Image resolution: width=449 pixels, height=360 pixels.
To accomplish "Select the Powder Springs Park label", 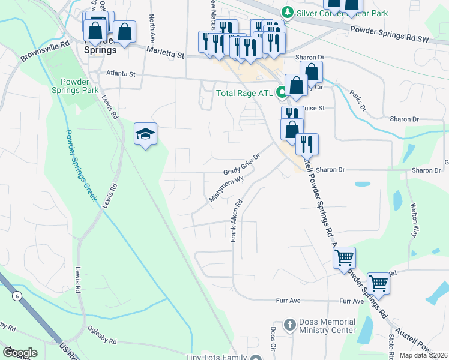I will pos(79,86).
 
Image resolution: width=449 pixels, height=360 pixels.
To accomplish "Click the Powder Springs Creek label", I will pos(81,166).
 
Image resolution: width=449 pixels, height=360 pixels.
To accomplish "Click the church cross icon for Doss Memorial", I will pos(289,325).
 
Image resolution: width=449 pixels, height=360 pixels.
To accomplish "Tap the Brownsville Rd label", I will pos(45,52).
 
